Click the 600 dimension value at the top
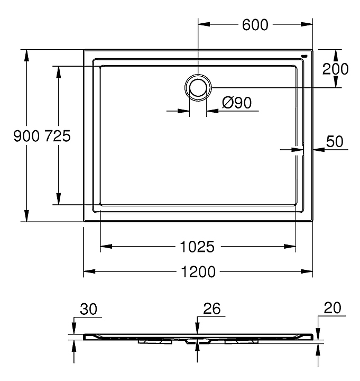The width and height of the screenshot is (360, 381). click(255, 24)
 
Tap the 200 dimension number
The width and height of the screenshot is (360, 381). click(335, 69)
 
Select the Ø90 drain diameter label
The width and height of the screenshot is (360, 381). click(237, 103)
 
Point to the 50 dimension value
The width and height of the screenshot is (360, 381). click(335, 141)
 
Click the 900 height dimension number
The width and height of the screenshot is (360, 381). click(26, 136)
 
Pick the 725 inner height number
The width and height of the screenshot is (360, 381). click(58, 136)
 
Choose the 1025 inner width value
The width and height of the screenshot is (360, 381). click(197, 247)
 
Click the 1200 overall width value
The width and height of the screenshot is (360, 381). click(198, 271)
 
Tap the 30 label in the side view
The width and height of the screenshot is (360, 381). click(88, 309)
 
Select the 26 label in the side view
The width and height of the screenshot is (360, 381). click(212, 309)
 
